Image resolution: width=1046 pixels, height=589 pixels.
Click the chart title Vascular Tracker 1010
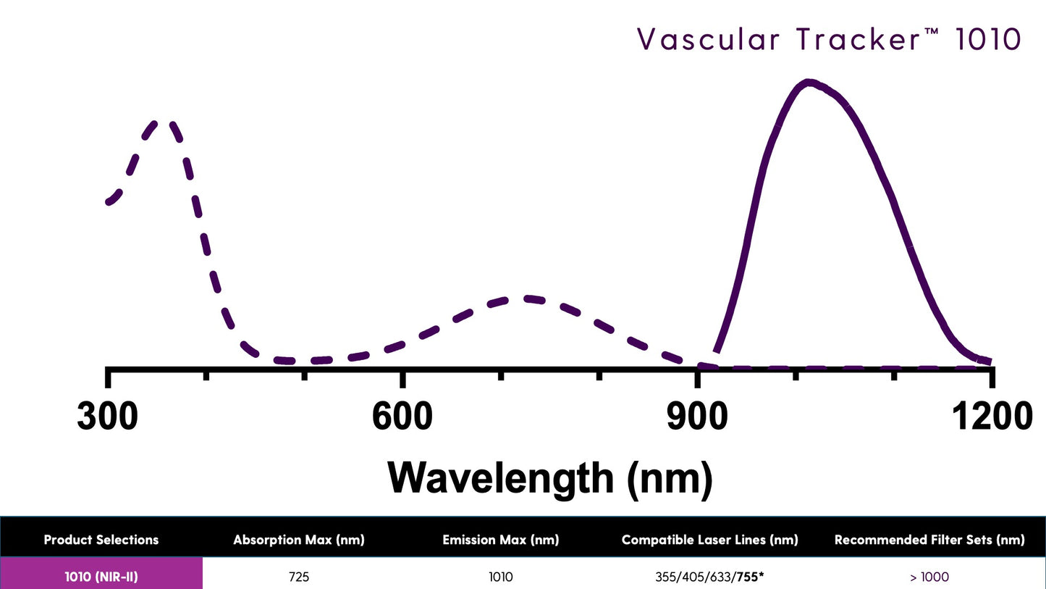tap(828, 39)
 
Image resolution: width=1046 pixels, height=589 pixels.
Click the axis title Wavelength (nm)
tap(550, 477)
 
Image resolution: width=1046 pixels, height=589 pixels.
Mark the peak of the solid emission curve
tap(809, 82)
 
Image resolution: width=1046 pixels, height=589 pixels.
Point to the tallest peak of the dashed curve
tap(163, 122)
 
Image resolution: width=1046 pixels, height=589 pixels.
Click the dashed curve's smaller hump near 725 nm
tap(528, 298)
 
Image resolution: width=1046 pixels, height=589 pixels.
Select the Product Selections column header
tap(101, 540)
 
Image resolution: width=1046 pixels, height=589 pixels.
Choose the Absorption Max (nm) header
tap(298, 540)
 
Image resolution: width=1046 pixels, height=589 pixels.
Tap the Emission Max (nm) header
tap(500, 540)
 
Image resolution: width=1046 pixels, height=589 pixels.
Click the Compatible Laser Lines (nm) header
tap(709, 540)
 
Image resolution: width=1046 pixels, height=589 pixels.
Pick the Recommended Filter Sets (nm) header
tap(929, 540)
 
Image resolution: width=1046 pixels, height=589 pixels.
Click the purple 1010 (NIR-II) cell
tap(101, 577)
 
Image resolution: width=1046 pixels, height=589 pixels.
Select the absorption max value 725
tap(298, 577)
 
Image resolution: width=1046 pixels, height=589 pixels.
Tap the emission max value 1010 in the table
tap(500, 577)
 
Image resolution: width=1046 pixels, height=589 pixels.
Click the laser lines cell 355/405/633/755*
tap(709, 577)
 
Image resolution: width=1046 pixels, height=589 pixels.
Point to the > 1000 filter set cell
tap(929, 577)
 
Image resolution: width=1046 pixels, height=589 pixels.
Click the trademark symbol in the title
tap(932, 32)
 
